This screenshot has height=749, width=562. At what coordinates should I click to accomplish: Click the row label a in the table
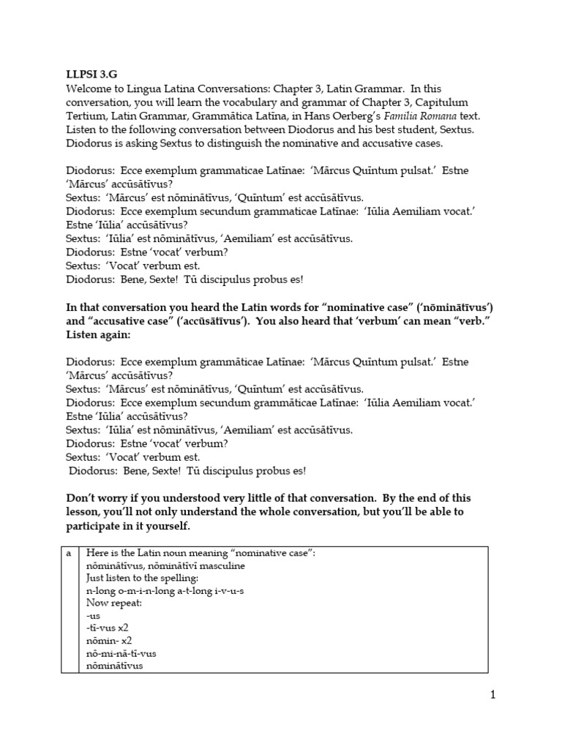click(x=69, y=554)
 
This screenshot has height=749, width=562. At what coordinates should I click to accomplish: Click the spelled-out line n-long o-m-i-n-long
click(x=165, y=590)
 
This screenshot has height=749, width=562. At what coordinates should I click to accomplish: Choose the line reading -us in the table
click(x=93, y=615)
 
